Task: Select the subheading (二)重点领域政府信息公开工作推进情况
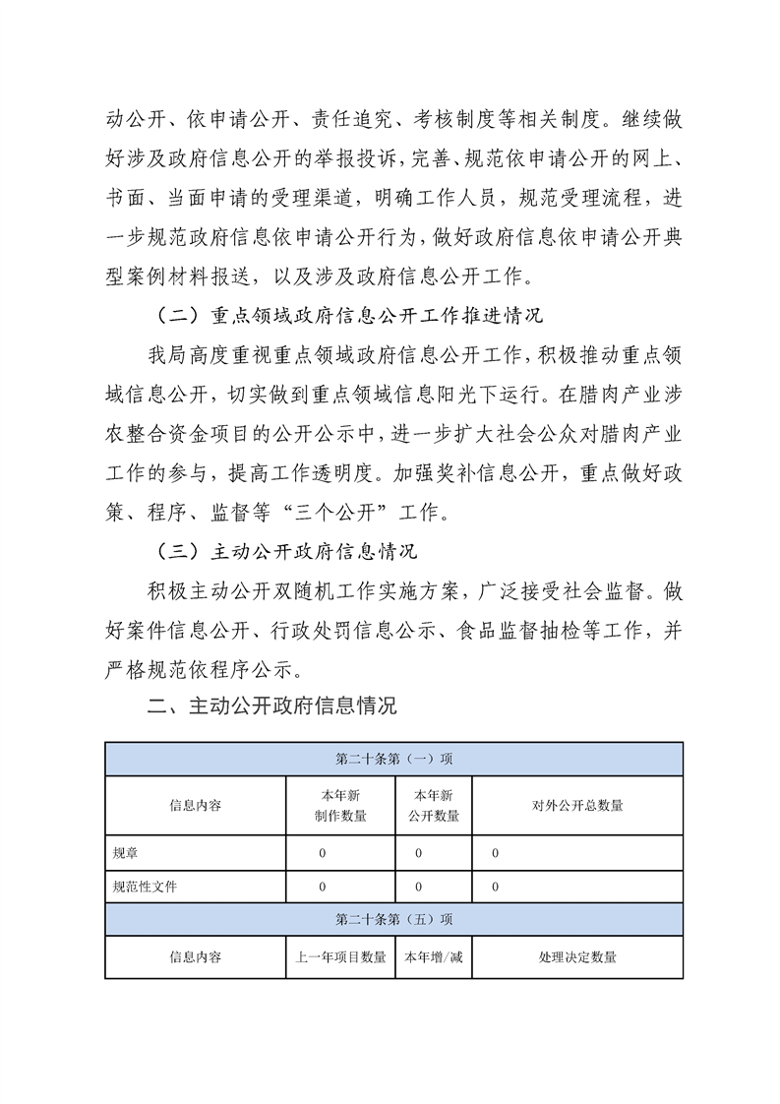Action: pyautogui.click(x=351, y=317)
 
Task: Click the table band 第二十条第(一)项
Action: pyautogui.click(x=393, y=759)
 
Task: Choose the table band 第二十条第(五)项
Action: pyautogui.click(x=393, y=919)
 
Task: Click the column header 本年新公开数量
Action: pyautogui.click(x=433, y=805)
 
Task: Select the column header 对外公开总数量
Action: pyautogui.click(x=577, y=805)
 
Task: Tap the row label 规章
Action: pyautogui.click(x=127, y=852)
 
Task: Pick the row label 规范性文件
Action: pyautogui.click(x=146, y=887)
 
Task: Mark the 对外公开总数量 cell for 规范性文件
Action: pyautogui.click(x=496, y=887)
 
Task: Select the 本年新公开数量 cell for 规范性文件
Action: pyautogui.click(x=418, y=887)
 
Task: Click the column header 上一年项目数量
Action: pyautogui.click(x=340, y=956)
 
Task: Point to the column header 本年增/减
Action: pyautogui.click(x=433, y=956)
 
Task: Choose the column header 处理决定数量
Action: pyautogui.click(x=577, y=956)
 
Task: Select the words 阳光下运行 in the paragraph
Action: pyautogui.click(x=479, y=395)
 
